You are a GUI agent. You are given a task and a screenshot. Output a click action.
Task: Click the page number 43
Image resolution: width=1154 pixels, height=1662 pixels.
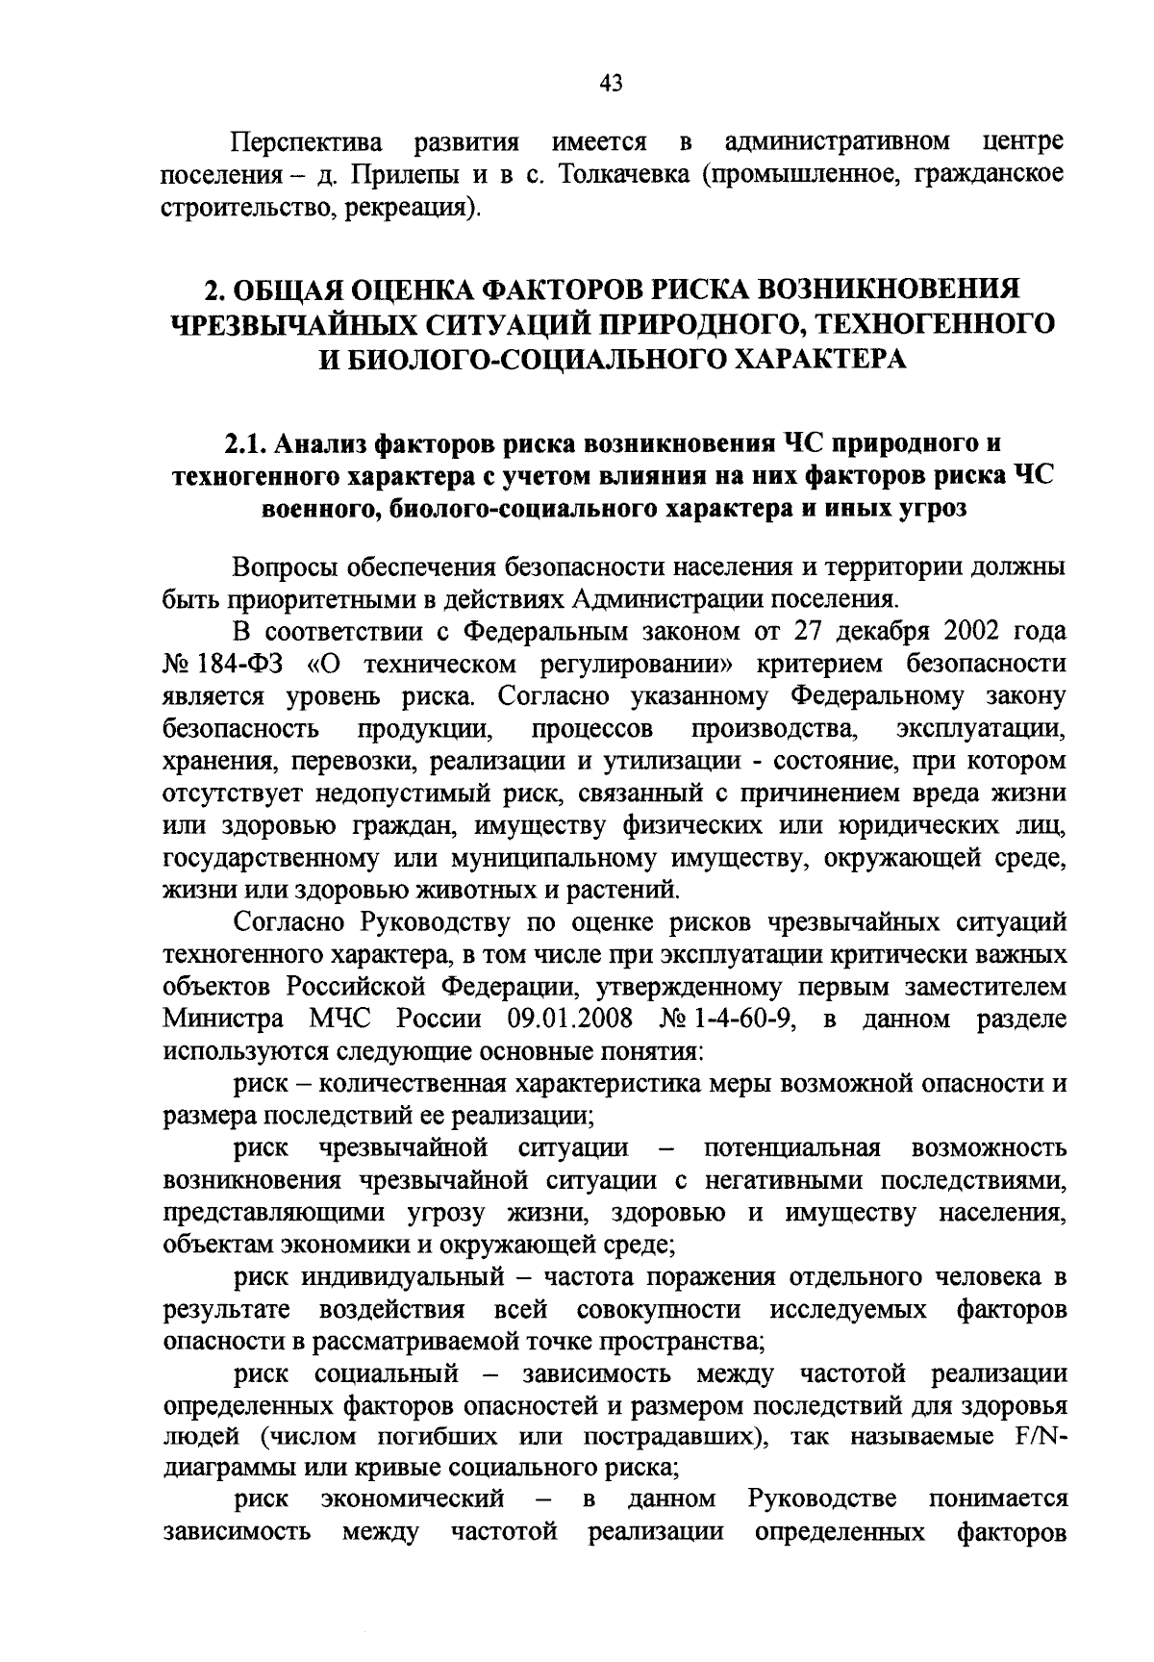coord(611,84)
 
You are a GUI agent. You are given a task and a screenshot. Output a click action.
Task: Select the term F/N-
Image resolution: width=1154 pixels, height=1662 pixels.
coord(1041,1438)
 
